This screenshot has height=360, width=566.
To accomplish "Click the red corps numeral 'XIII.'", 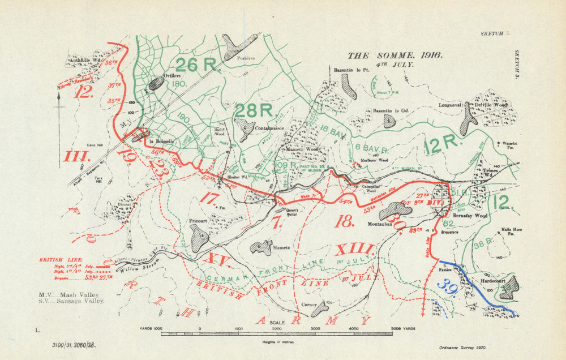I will click(x=354, y=250).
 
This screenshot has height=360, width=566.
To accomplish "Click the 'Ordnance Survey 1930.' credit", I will click(x=462, y=349).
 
